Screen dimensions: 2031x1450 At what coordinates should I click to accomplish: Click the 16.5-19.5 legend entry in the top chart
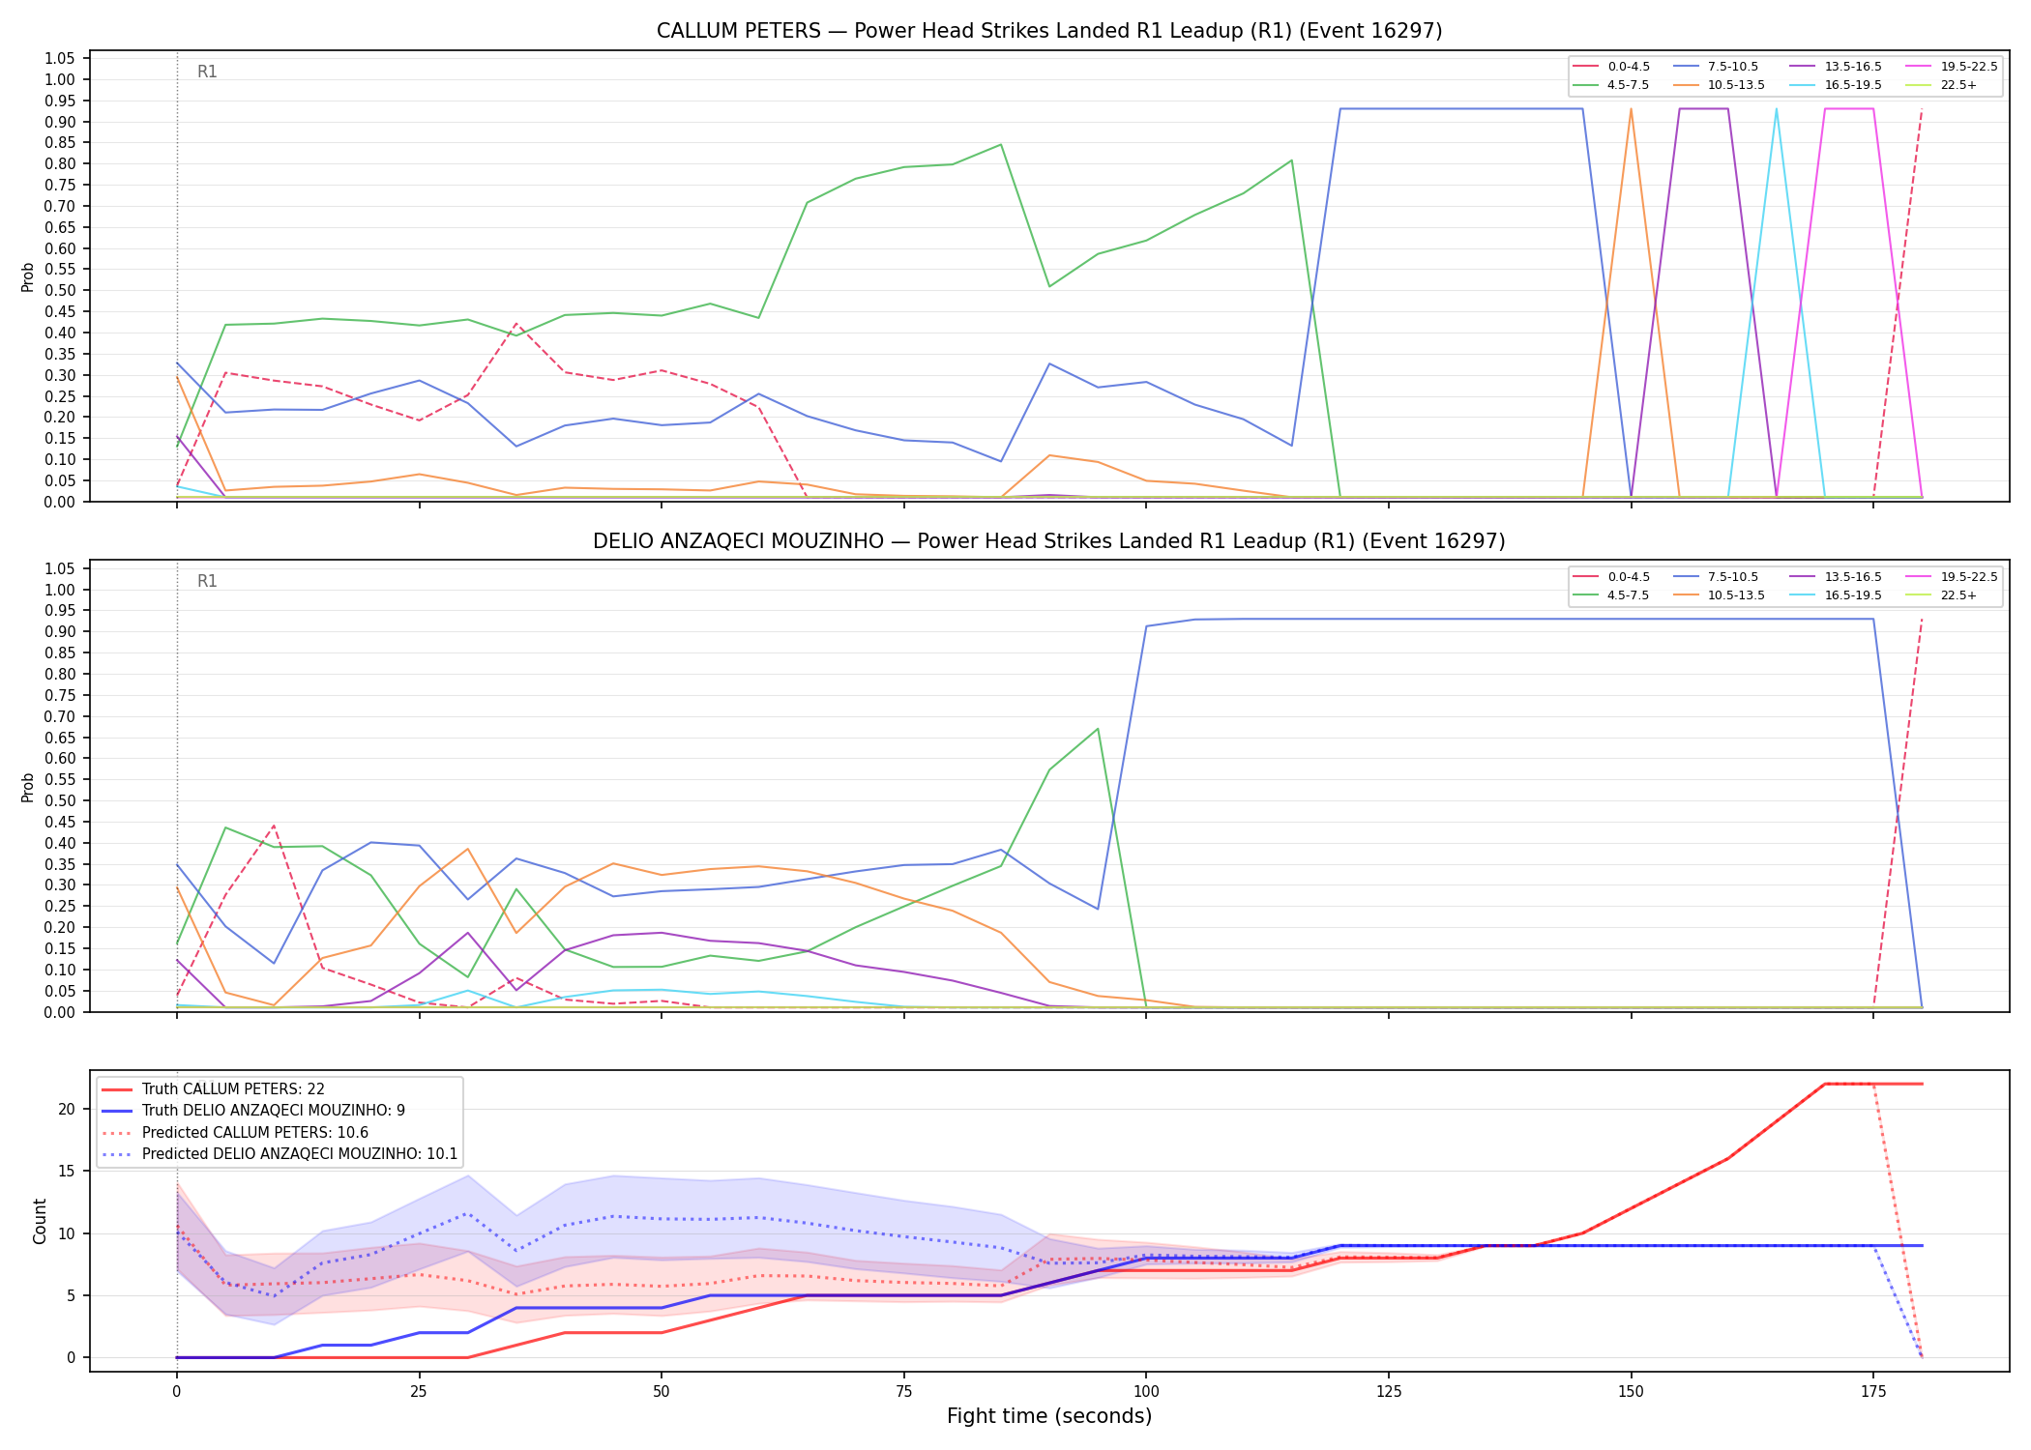1837,85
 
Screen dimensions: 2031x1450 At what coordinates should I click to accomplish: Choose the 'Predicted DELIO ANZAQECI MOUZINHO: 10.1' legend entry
280,1154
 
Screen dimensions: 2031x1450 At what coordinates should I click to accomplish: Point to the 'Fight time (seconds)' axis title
1049,1416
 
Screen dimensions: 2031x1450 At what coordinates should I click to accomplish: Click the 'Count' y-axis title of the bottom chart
40,1221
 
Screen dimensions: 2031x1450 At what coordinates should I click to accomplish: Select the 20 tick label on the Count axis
67,1109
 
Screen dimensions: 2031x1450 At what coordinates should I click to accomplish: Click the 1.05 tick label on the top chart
60,59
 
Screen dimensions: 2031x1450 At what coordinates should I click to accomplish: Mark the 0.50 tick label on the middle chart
60,800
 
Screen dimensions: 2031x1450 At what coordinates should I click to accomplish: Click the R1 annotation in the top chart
207,72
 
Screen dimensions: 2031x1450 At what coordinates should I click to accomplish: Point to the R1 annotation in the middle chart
207,581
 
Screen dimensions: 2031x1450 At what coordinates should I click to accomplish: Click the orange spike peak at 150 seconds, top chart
1631,109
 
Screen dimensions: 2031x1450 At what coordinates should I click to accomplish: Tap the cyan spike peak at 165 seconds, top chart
1776,109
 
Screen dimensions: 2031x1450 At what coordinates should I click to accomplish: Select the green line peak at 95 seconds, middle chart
1098,729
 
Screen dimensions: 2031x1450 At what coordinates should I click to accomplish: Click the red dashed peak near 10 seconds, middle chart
274,826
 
